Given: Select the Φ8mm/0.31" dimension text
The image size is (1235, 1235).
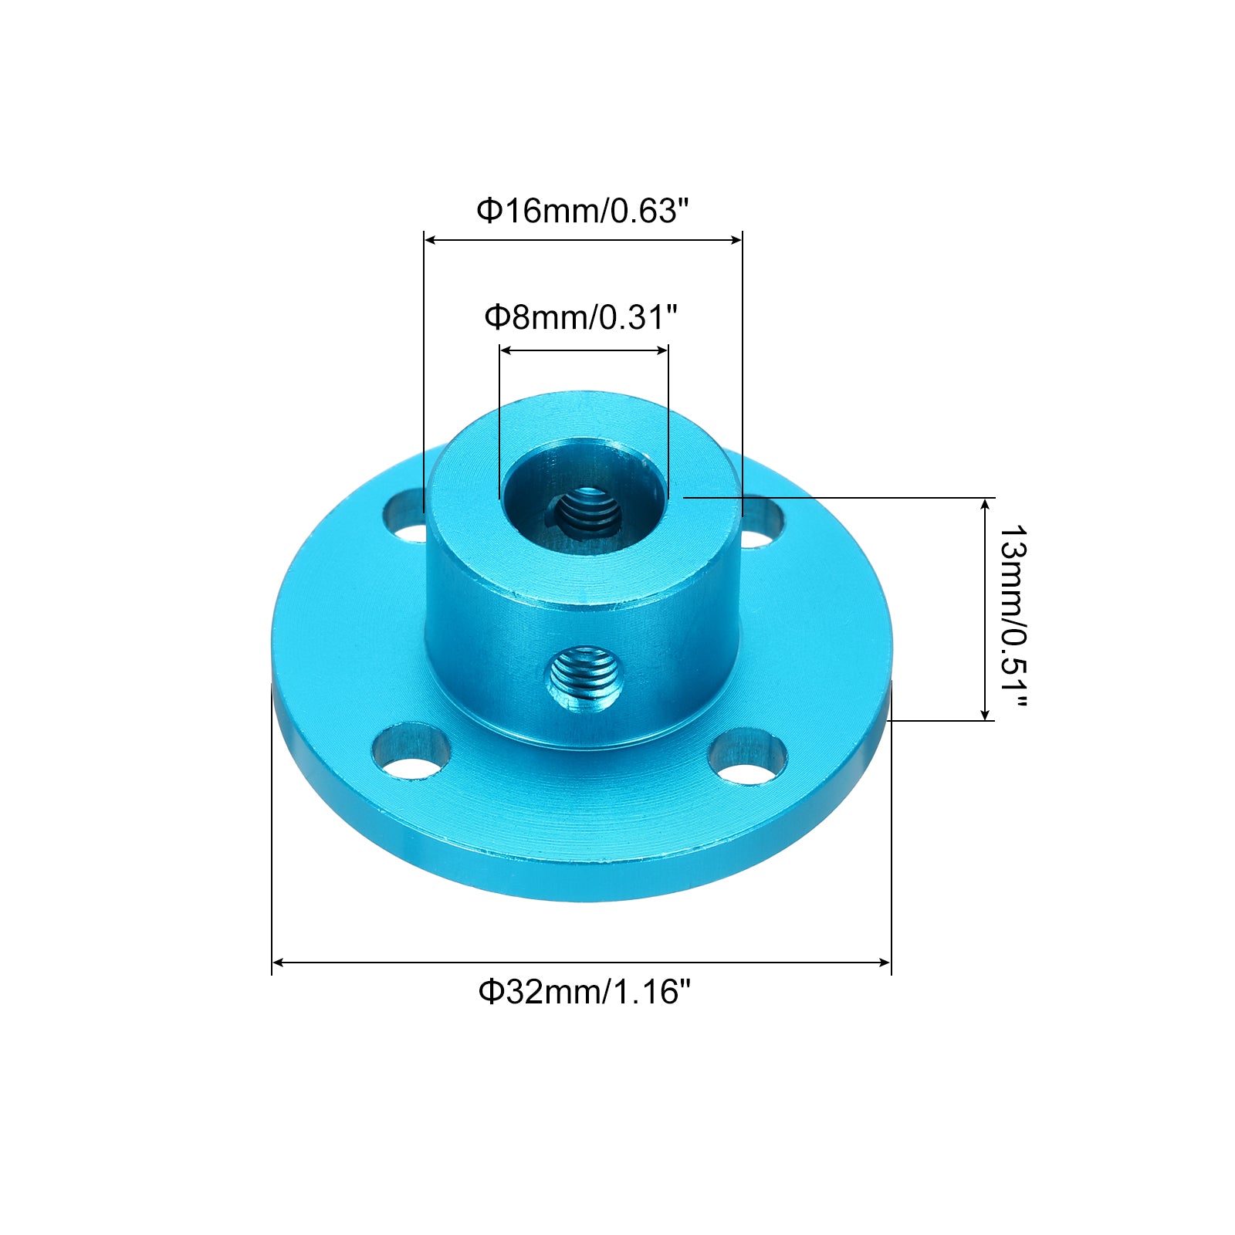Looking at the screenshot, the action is pos(580,316).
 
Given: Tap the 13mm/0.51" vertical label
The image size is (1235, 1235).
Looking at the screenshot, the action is pos(1013,616).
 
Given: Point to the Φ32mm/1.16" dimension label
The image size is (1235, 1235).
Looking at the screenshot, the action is pos(584,991).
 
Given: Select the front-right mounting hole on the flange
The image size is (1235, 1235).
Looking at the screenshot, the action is pos(747,757).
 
